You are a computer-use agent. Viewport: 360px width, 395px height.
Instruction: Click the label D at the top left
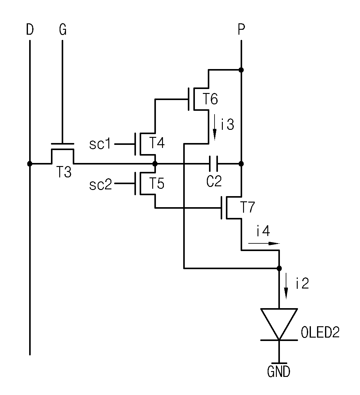point(30,29)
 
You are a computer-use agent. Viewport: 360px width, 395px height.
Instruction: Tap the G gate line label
point(63,29)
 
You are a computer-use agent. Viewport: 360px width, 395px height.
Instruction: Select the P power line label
point(241,29)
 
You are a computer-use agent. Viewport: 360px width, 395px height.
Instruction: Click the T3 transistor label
point(64,172)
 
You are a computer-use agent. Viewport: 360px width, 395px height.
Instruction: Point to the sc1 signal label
point(100,144)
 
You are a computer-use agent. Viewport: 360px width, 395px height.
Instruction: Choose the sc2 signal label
point(101,184)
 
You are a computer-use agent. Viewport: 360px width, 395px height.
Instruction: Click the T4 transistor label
point(157,143)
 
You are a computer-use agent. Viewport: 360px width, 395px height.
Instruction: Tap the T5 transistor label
point(157,183)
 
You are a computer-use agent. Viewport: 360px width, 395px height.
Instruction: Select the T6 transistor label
point(210,99)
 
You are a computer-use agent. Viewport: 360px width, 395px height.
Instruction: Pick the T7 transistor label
point(248,207)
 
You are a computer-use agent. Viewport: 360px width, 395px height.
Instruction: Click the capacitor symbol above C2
point(214,164)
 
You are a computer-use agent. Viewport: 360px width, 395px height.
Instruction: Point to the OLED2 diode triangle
point(279,324)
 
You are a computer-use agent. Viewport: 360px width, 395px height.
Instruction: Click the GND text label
point(279,372)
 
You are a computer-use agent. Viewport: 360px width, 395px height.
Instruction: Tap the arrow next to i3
point(215,127)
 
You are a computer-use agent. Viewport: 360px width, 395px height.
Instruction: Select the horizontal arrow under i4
point(264,243)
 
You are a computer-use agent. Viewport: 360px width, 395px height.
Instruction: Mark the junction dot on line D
point(30,164)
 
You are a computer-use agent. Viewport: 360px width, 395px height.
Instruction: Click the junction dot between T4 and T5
point(155,164)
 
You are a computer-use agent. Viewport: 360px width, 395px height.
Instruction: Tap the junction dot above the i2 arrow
point(279,268)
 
